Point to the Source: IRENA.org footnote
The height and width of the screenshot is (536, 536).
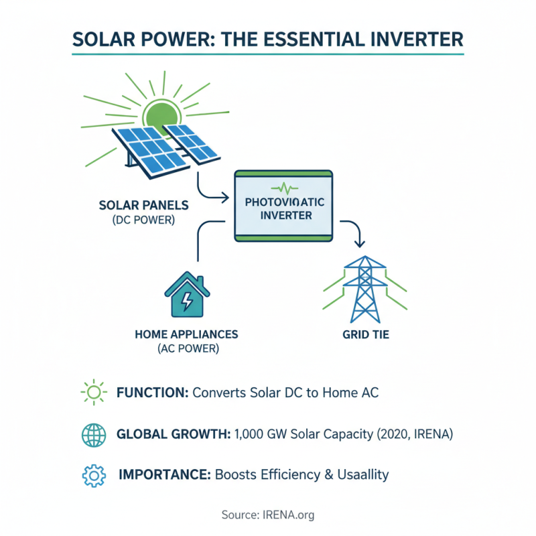click(x=268, y=515)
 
